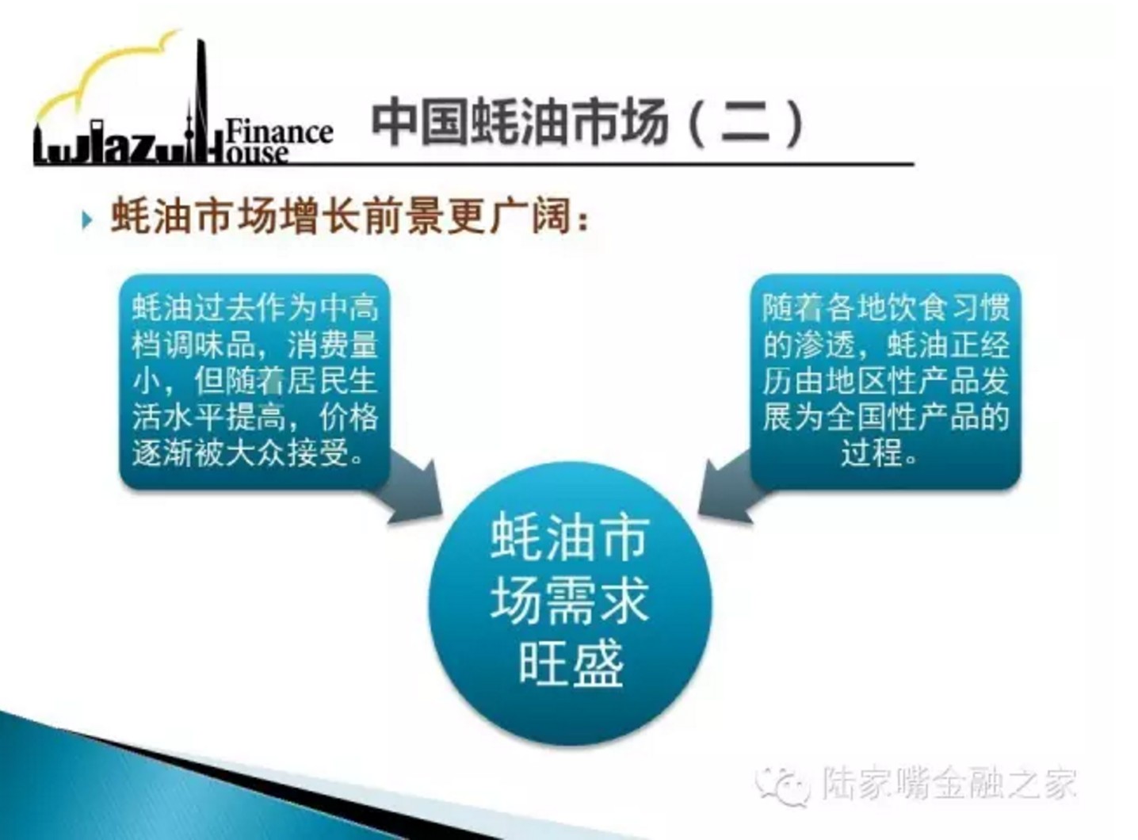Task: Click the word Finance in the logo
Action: [279, 132]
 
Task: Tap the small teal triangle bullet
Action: [87, 221]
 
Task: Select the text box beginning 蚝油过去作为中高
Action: [254, 381]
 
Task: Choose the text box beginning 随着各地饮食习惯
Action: [885, 381]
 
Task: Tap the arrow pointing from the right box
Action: [731, 487]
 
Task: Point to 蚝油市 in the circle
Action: [571, 539]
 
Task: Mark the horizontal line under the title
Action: [474, 165]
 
